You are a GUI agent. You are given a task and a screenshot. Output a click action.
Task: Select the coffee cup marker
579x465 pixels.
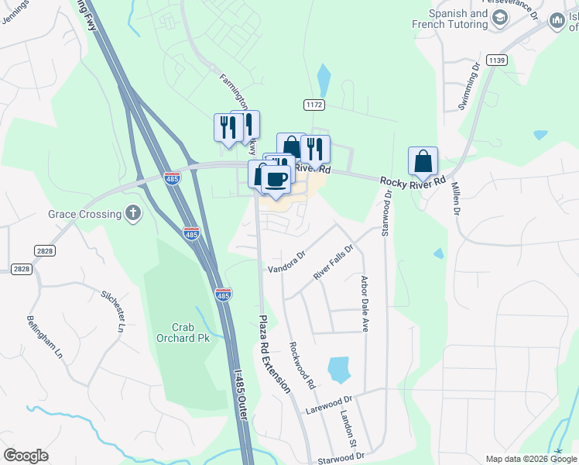[x=276, y=180]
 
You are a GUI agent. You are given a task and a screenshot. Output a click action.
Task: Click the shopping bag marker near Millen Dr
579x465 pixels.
[x=423, y=162]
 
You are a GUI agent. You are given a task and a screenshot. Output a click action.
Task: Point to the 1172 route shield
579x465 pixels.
[x=313, y=105]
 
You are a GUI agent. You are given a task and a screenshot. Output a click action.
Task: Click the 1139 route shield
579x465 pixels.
[x=496, y=60]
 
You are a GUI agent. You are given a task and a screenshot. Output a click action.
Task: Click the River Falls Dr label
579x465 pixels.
[x=333, y=263]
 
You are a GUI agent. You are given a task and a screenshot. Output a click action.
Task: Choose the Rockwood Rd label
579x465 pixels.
[x=302, y=365]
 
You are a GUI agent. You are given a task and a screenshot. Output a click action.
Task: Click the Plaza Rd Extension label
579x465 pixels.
[x=274, y=353]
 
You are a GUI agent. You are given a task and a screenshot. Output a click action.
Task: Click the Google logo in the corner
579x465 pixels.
[x=26, y=456]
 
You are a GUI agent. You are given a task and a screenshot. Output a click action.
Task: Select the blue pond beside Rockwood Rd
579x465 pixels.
[x=339, y=370]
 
